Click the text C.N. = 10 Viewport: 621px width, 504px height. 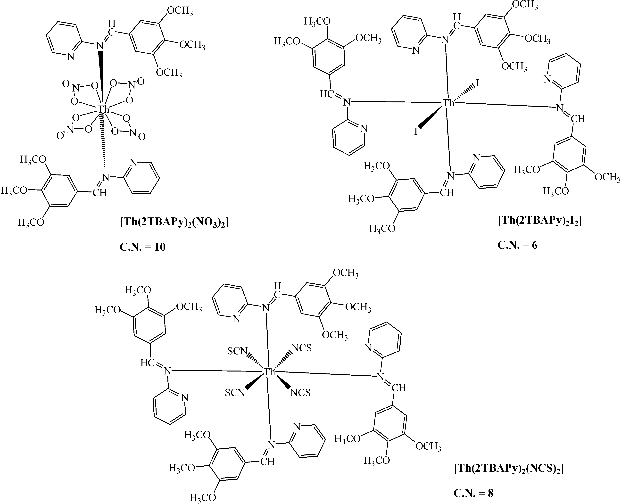click(x=143, y=247)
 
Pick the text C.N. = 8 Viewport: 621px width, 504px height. click(x=473, y=493)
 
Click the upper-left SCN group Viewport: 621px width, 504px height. click(x=237, y=352)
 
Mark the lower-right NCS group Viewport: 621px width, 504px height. click(x=301, y=393)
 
